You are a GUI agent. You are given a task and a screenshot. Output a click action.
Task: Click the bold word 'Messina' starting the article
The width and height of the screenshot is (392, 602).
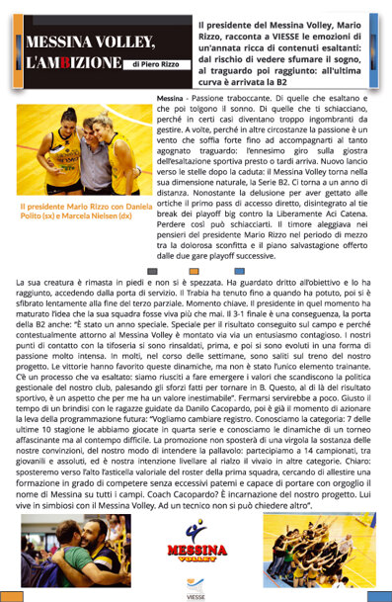170,101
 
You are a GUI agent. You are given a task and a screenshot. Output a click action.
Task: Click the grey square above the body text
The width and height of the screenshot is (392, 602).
151,270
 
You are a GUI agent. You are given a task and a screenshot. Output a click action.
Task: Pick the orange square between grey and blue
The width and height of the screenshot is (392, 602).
195,270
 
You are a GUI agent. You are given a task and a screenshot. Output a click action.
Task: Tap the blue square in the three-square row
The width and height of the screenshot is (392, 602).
239,270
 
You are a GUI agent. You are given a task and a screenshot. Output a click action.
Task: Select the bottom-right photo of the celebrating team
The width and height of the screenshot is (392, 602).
319,549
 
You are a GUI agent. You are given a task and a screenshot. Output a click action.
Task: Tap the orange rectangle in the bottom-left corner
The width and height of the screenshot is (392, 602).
12,595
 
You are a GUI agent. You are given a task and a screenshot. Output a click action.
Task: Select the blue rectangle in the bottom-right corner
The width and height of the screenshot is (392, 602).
379,595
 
